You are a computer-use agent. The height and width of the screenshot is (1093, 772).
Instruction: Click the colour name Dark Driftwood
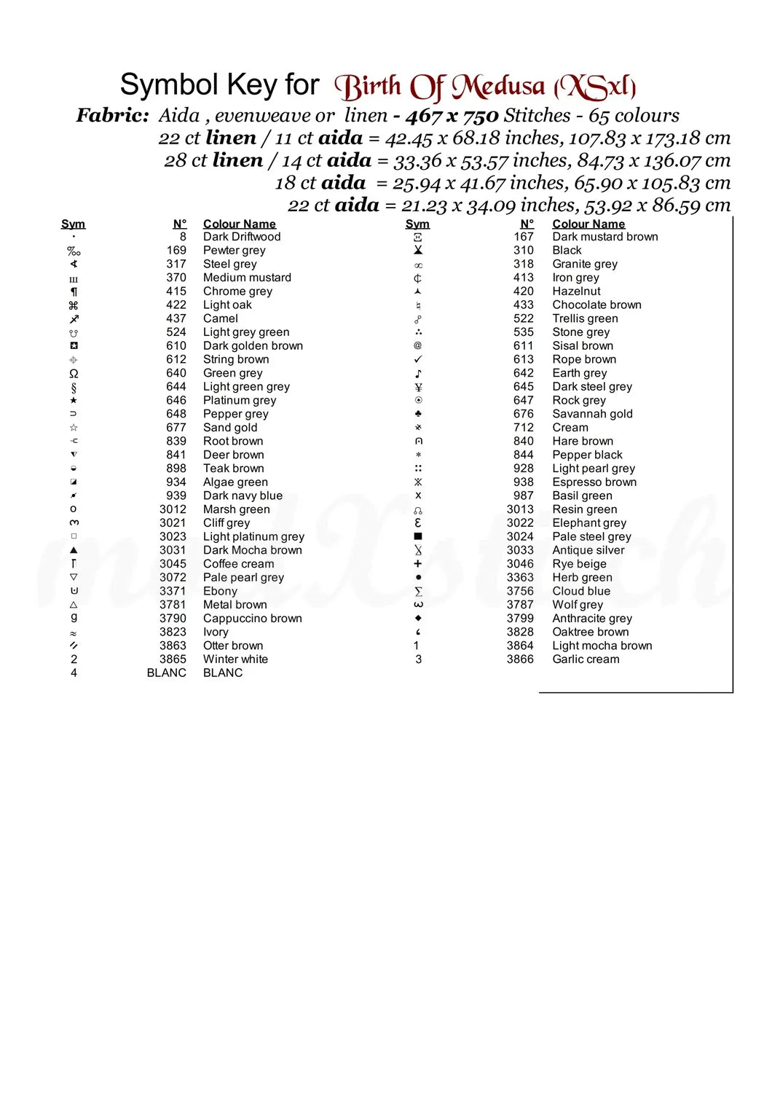(x=241, y=237)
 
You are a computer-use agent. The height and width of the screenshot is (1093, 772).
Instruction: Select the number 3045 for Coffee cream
(x=173, y=564)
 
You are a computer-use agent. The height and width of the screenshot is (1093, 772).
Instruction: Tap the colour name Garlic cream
(x=586, y=659)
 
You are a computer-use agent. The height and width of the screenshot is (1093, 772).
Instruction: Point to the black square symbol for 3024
(x=418, y=536)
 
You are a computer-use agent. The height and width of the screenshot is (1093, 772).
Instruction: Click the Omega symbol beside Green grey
(x=74, y=373)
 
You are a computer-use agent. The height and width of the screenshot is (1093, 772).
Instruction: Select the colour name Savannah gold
(x=592, y=414)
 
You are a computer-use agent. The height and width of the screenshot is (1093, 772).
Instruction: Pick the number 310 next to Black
(x=523, y=251)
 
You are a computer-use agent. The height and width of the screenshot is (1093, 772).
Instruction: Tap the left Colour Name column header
(x=239, y=224)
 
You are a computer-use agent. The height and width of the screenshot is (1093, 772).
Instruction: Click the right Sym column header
(x=417, y=224)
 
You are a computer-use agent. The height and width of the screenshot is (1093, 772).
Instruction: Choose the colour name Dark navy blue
(x=243, y=495)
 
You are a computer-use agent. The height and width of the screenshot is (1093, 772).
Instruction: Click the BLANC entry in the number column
(x=166, y=673)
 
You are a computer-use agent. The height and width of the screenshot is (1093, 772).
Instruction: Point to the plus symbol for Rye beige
(x=418, y=564)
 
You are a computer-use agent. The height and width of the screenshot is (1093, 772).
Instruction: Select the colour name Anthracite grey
(x=592, y=619)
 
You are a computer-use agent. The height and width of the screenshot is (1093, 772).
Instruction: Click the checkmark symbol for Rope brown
(x=418, y=359)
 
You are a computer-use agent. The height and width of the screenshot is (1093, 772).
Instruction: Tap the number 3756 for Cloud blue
(x=520, y=591)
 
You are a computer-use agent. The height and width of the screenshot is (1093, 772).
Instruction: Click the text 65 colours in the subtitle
(x=634, y=115)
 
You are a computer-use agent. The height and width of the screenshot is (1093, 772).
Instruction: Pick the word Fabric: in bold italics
(x=113, y=115)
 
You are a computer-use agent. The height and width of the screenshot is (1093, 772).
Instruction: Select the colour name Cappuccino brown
(x=252, y=619)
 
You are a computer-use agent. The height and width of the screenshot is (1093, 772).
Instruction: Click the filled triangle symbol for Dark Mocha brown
(x=74, y=550)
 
